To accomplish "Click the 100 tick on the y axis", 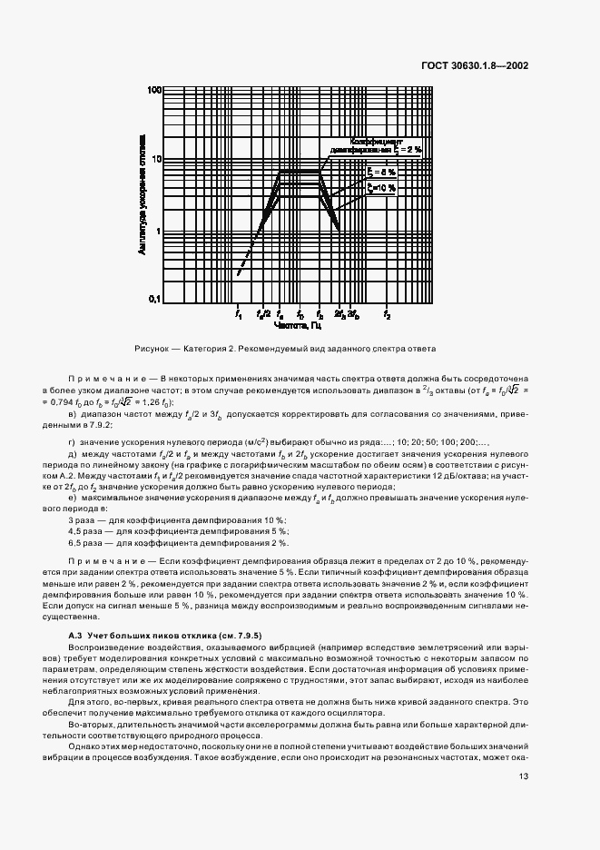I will click(153, 91).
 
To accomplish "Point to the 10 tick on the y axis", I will click(155, 159).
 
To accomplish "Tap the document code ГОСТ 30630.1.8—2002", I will click(477, 65).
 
